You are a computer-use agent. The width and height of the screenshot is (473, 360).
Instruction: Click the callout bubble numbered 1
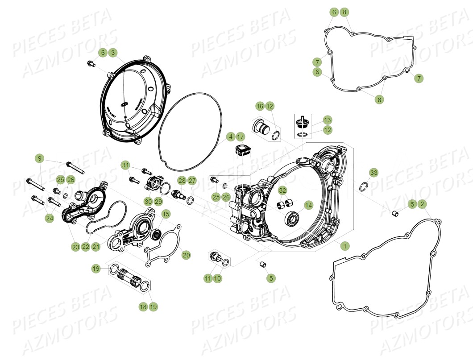[344, 245]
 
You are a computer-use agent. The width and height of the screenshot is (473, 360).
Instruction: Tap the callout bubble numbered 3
[113, 53]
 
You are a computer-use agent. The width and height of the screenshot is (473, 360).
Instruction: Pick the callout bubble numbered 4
[230, 137]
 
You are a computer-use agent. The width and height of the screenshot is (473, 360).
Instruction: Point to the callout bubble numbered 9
[40, 158]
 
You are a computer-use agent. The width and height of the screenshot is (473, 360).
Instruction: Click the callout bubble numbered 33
[374, 173]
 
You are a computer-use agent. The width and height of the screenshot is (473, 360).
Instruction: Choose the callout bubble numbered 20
[186, 255]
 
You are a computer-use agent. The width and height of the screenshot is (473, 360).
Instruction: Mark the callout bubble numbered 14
[308, 205]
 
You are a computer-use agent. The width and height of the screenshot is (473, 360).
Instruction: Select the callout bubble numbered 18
[143, 306]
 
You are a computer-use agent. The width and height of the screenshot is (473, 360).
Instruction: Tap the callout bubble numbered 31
[125, 165]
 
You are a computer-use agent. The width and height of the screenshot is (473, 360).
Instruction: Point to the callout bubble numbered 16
[260, 106]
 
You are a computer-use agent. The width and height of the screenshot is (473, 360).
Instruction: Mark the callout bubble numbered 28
[182, 180]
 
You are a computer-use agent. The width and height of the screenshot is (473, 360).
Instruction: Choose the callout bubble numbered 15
[166, 214]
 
